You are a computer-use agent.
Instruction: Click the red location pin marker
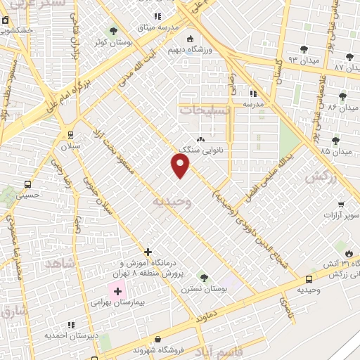[181, 166]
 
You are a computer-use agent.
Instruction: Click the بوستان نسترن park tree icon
[204, 277]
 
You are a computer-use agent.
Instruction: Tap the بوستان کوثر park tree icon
[113, 31]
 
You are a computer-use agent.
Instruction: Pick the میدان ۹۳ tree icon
[304, 49]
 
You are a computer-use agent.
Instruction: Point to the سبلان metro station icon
[70, 134]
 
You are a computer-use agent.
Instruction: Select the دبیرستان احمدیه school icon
[71, 325]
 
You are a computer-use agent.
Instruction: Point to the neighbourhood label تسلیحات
[205, 110]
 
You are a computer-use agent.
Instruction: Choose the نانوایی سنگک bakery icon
[202, 139]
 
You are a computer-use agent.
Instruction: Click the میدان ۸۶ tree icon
[343, 96]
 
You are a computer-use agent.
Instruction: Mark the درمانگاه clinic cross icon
[148, 252]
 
